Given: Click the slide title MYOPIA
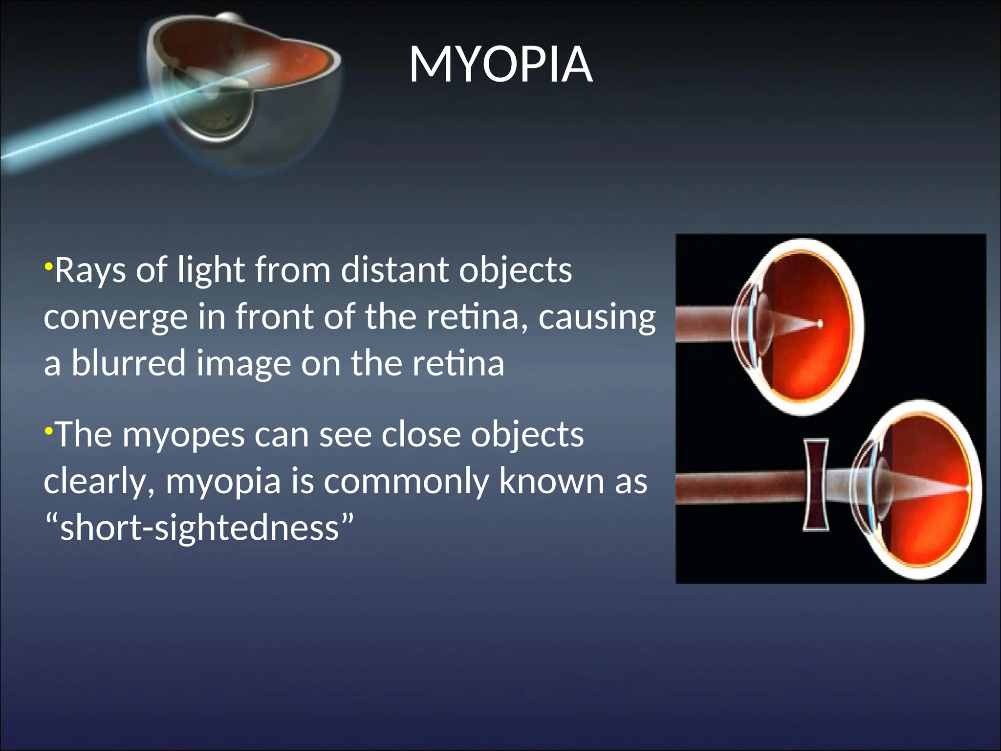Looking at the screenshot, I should click(x=500, y=65).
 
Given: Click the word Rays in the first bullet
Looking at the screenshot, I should click(x=90, y=270).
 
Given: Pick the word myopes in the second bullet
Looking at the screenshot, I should click(x=183, y=435).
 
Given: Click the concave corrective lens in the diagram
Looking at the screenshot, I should click(x=816, y=485).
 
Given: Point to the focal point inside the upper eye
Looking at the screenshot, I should click(x=820, y=324).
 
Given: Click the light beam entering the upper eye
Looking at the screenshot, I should click(x=704, y=323).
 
